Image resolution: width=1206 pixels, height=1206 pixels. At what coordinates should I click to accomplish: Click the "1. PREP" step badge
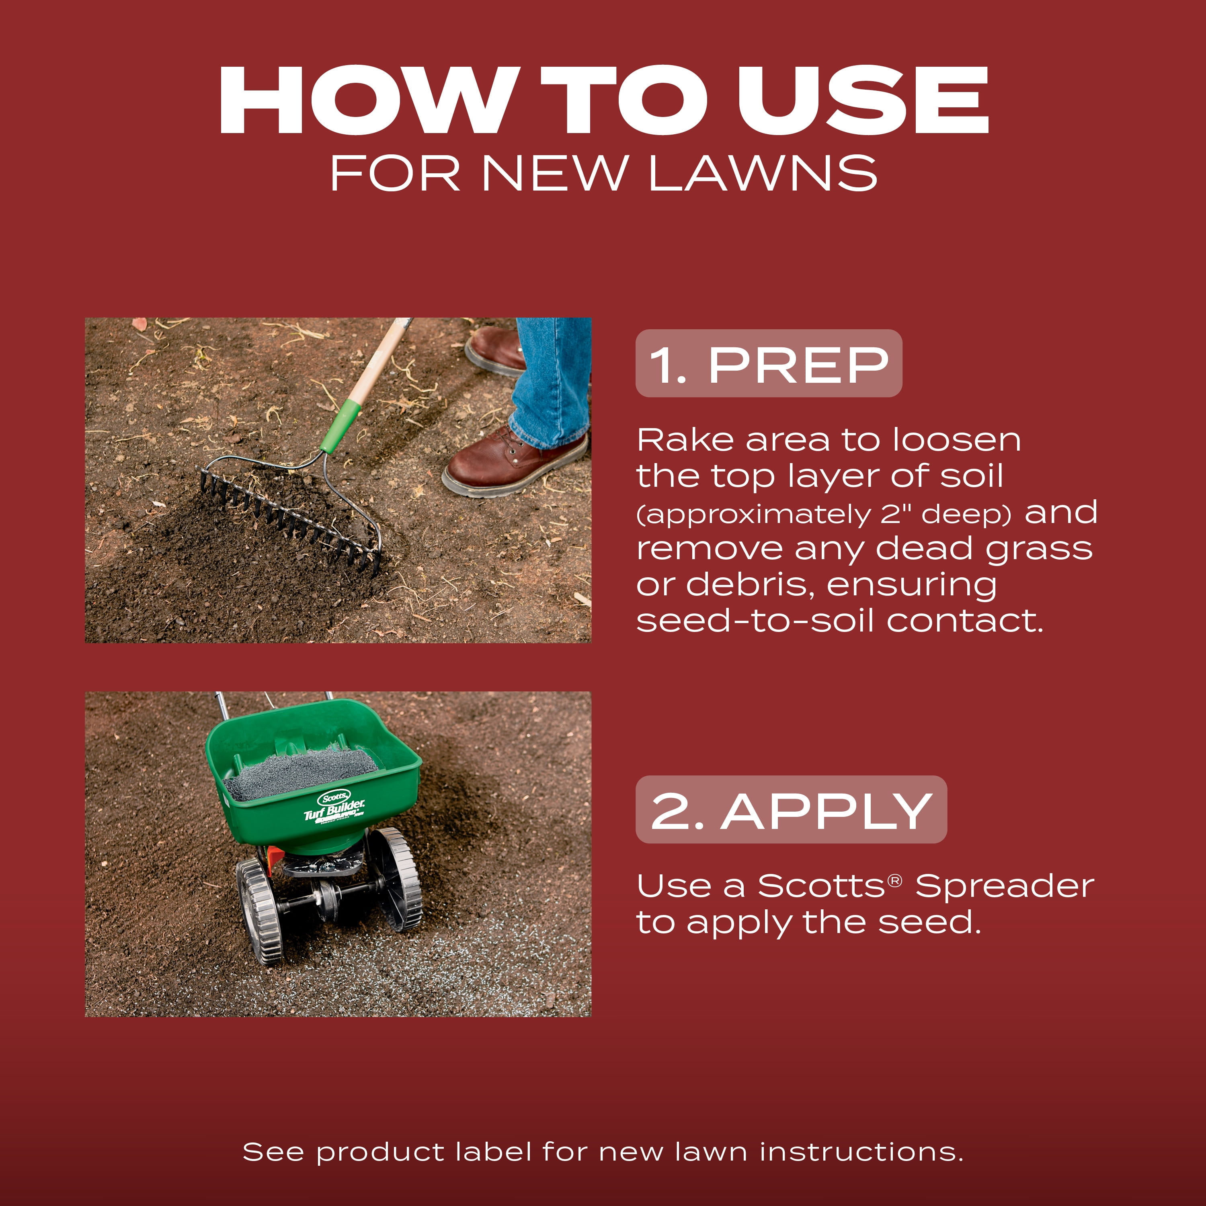[x=768, y=363]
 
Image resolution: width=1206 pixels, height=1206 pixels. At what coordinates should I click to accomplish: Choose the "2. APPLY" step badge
[x=791, y=810]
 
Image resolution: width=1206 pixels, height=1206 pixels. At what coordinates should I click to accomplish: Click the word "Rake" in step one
[x=685, y=440]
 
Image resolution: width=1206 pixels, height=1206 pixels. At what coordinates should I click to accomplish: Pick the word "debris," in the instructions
[x=750, y=585]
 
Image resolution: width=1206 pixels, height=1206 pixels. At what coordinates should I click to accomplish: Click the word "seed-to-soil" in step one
[x=755, y=621]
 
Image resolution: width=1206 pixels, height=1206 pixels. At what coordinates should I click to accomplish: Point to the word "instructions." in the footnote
[x=861, y=1152]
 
